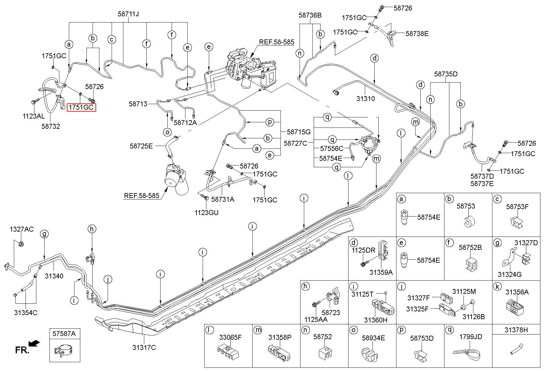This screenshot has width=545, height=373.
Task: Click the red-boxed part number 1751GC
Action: click(x=82, y=107)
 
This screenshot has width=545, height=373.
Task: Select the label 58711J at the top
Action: click(x=128, y=14)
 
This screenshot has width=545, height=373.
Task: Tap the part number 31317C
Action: click(x=144, y=347)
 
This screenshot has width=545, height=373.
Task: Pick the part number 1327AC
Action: click(x=22, y=229)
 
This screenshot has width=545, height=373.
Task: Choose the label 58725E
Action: click(x=141, y=146)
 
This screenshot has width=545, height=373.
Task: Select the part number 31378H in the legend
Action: click(x=516, y=330)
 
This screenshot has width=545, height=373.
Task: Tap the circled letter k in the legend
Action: click(x=497, y=286)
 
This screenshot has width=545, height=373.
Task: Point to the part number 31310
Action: click(x=366, y=99)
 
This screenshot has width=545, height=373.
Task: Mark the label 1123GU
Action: click(x=206, y=213)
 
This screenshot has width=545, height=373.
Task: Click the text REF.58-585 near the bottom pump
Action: click(x=142, y=196)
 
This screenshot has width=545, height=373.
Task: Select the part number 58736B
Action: click(x=310, y=15)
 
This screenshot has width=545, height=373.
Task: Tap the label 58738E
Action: click(x=417, y=34)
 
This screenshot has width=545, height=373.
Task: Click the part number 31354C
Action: click(x=26, y=313)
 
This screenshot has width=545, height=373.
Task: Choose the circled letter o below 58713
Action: click(x=167, y=132)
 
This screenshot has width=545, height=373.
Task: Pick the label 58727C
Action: click(x=295, y=143)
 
